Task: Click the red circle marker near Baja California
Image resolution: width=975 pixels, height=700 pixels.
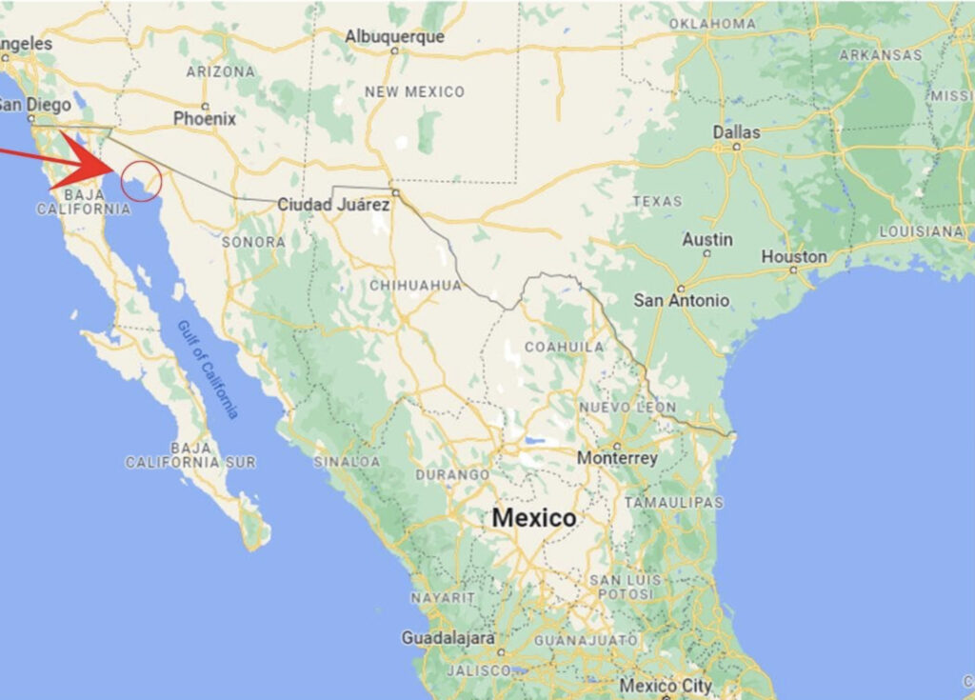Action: pos(141,181)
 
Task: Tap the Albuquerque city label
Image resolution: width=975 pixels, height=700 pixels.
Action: pos(394,37)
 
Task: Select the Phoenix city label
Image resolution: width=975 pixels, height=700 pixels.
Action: pos(204,119)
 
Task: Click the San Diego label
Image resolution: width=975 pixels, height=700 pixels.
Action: pos(36,105)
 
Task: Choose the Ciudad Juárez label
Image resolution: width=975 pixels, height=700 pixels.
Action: pos(333,205)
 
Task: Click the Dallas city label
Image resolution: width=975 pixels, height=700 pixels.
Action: pos(737,132)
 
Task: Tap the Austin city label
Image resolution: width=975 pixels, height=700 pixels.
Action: pos(707,239)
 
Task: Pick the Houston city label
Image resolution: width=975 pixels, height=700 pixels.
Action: pos(794,256)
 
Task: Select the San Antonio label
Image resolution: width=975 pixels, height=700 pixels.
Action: pos(682,300)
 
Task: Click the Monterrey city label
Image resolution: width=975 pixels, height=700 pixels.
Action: pos(617,458)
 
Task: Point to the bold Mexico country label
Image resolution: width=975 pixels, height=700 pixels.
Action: pos(534,518)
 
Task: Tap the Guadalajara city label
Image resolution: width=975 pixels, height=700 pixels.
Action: pos(448,637)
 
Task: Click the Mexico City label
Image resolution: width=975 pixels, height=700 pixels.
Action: pos(666,685)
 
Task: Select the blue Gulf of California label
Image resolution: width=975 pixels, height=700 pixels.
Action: pos(208,370)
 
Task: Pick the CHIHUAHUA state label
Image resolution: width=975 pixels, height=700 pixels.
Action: pos(415,285)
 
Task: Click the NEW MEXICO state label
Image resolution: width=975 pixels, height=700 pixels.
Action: pos(415,92)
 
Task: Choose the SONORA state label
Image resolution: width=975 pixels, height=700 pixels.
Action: pos(253,242)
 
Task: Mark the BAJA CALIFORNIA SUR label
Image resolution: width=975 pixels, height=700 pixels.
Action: pos(190,454)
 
